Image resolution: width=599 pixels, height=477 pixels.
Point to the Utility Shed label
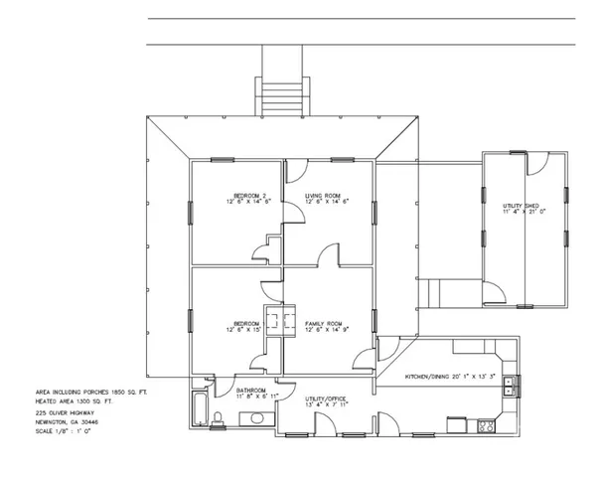pyautogui.click(x=520, y=208)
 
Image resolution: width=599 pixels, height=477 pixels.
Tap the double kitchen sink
pyautogui.click(x=510, y=386)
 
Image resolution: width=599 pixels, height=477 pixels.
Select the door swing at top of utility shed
pyautogui.click(x=531, y=165)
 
